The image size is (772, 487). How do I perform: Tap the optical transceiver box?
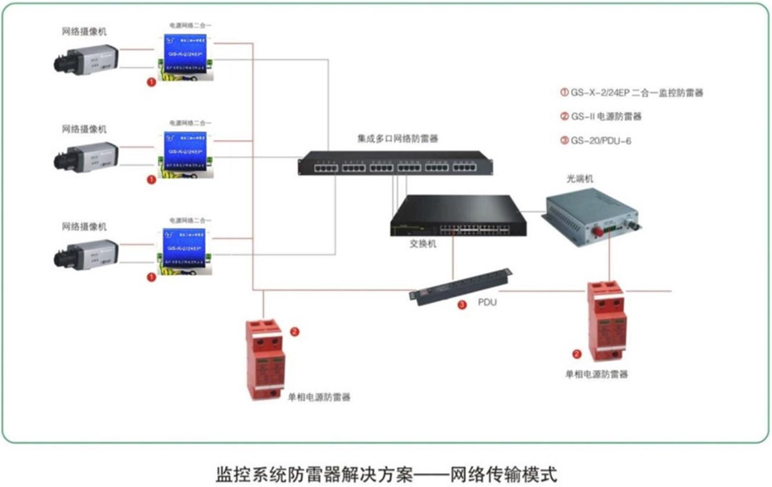coord(594,211)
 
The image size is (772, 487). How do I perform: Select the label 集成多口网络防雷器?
coord(397,138)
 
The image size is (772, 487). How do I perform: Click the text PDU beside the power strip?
coord(488,303)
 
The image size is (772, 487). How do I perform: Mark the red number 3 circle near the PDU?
coord(462,305)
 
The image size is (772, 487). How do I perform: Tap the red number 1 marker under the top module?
coord(150,83)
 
